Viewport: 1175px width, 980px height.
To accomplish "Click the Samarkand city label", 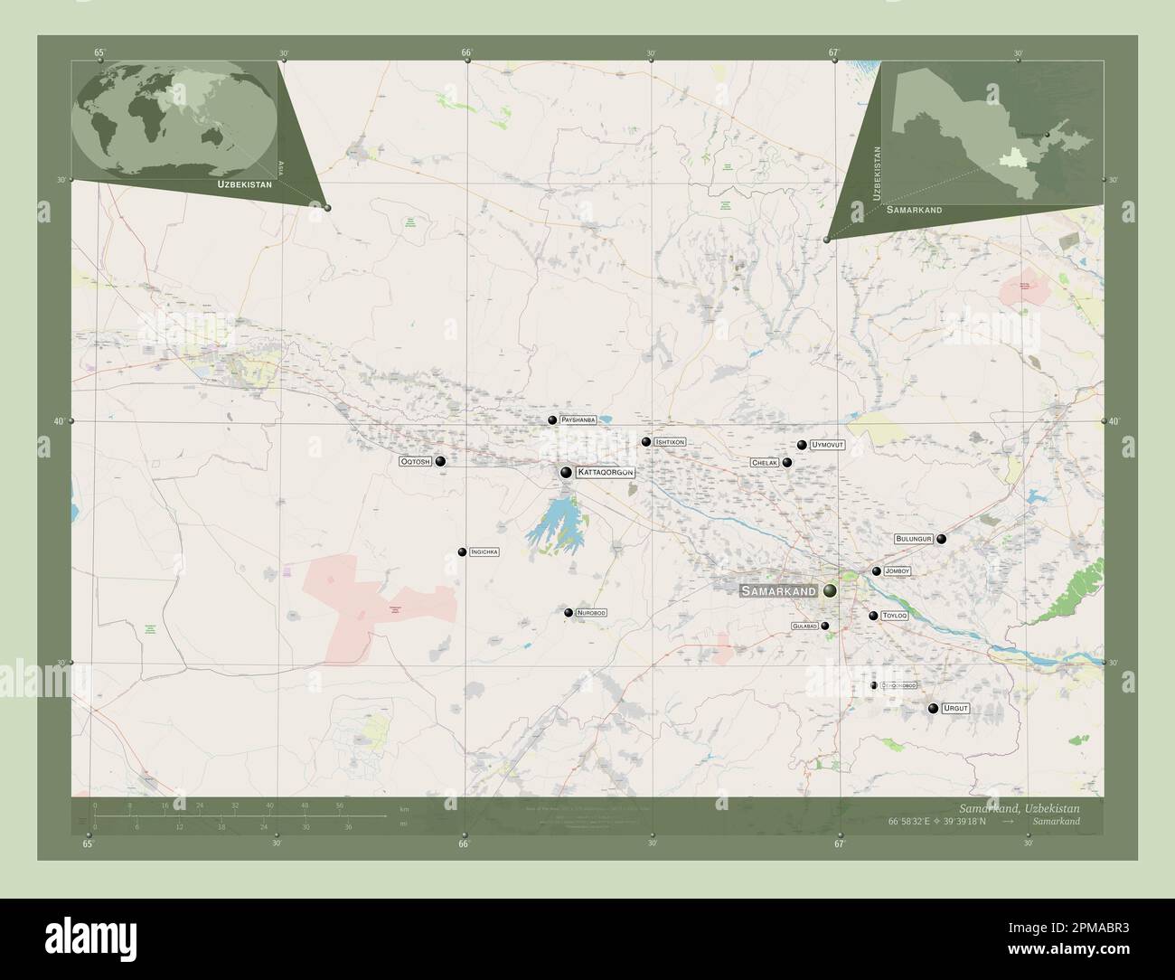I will (777, 591).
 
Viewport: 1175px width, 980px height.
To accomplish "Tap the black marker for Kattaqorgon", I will (566, 472).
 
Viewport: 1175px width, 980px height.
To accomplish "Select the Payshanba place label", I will (578, 420).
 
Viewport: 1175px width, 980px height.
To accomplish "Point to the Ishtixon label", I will (670, 442).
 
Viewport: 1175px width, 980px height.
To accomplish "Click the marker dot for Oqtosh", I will (440, 461).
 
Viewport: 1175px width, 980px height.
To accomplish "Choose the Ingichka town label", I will (484, 551).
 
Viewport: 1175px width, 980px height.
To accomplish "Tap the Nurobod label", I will (591, 613).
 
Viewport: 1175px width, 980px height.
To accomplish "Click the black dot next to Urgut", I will (933, 709).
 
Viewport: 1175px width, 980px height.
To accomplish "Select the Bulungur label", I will (913, 539).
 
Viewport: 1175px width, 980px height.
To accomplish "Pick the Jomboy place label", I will (898, 571).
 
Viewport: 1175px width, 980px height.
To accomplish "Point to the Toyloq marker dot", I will (873, 616).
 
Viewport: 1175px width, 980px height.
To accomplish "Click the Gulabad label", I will (804, 626).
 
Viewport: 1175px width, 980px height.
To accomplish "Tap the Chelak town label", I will (764, 463).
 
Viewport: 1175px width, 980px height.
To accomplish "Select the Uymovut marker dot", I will (802, 445).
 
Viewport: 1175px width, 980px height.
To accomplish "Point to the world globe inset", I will (175, 116).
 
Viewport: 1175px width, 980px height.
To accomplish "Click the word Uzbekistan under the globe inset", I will (244, 184).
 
